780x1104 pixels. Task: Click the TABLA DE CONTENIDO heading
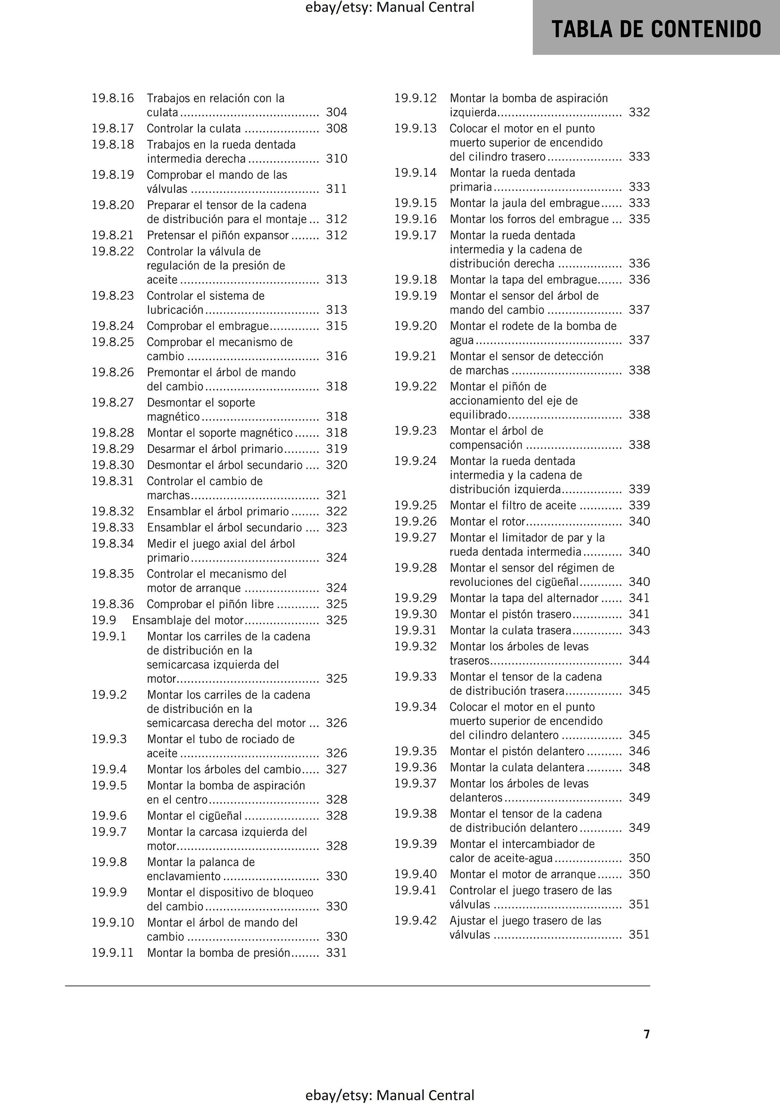[x=656, y=29]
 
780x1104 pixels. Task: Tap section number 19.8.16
[x=113, y=98]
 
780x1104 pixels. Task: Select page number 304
[x=336, y=112]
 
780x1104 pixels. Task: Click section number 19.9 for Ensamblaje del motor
[x=104, y=620]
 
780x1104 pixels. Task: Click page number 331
[x=336, y=952]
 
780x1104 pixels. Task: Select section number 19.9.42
[x=416, y=920]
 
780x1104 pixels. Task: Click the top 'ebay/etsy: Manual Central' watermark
[x=390, y=7]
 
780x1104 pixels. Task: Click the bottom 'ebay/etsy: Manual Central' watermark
[x=390, y=1095]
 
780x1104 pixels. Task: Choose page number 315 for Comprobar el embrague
[x=336, y=326]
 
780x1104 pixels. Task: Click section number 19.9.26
[x=416, y=521]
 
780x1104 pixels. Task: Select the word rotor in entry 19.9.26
[x=513, y=521]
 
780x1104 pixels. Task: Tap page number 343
[x=639, y=630]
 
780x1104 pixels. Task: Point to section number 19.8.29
[x=113, y=449]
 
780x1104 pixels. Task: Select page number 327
[x=336, y=769]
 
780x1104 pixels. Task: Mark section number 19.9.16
[x=416, y=219]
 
